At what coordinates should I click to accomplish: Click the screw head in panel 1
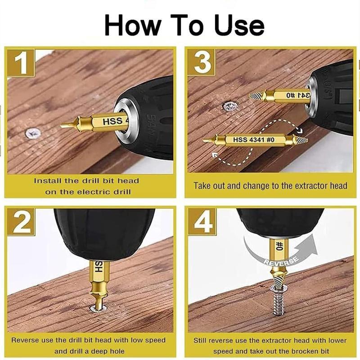click(x=32, y=133)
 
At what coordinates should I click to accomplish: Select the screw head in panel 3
click(x=229, y=107)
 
